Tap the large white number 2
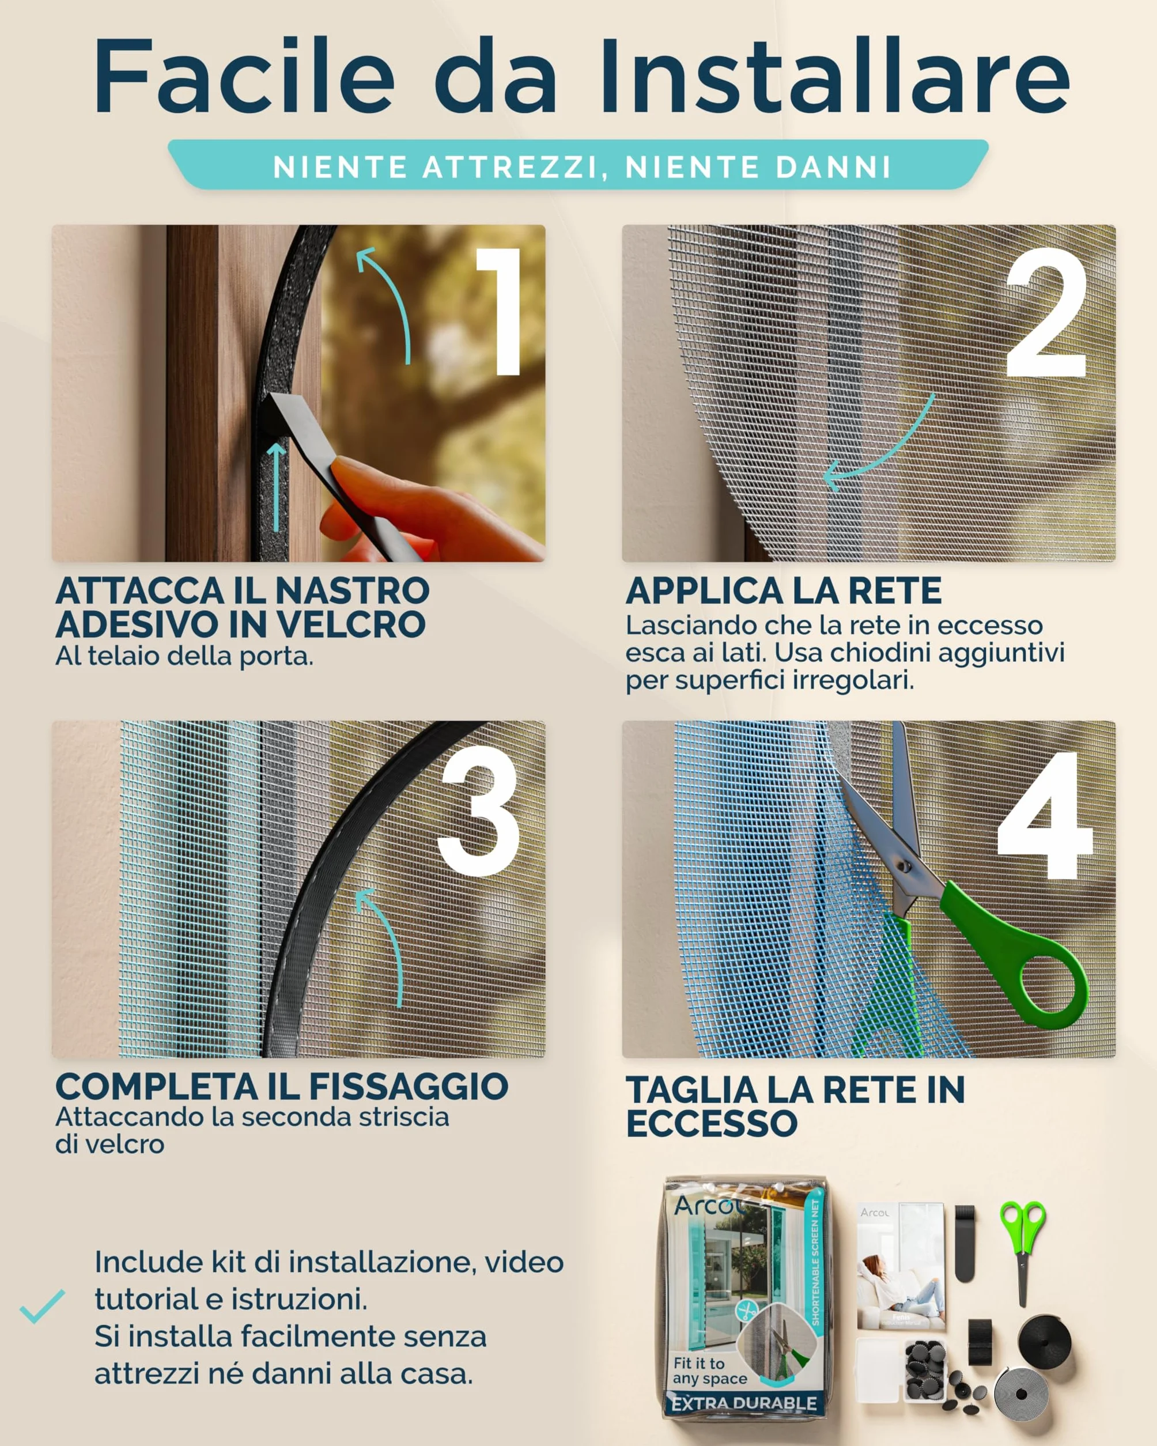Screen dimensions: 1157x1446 pyautogui.click(x=1046, y=313)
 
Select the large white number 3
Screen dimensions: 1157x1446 pyautogui.click(x=479, y=812)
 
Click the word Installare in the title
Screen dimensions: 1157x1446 pyautogui.click(x=834, y=76)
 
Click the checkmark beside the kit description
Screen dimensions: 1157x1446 pyautogui.click(x=42, y=1306)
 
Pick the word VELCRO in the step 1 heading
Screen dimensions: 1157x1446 pyautogui.click(x=351, y=624)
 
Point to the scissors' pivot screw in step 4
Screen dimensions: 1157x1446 pyautogui.click(x=903, y=866)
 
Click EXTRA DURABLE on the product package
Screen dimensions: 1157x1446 pyautogui.click(x=744, y=1403)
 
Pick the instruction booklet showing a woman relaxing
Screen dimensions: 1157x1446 pyautogui.click(x=901, y=1267)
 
